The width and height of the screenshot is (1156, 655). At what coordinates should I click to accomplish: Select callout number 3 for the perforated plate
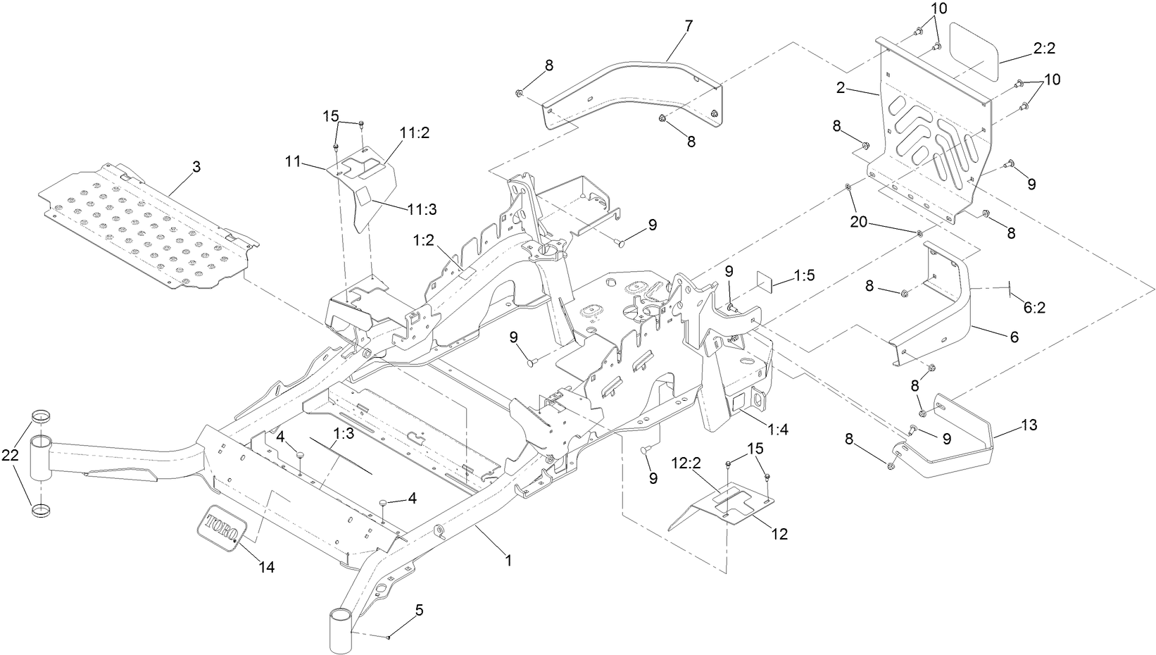point(196,167)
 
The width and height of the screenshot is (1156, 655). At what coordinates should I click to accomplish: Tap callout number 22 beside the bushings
point(11,456)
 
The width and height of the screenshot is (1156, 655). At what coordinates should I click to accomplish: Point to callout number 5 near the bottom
point(419,611)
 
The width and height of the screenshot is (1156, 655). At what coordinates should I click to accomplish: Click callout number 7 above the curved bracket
point(688,26)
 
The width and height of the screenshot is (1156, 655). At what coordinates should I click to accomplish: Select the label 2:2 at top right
point(1044,48)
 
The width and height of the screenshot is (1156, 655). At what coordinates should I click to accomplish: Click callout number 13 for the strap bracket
point(1029,425)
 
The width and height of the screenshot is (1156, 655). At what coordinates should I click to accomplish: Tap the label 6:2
point(1034,307)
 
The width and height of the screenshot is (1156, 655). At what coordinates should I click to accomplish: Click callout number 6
point(1014,337)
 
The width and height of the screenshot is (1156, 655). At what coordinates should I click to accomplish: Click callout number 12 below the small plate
point(779,535)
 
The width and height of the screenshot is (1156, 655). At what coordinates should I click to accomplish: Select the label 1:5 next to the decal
point(804,276)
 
